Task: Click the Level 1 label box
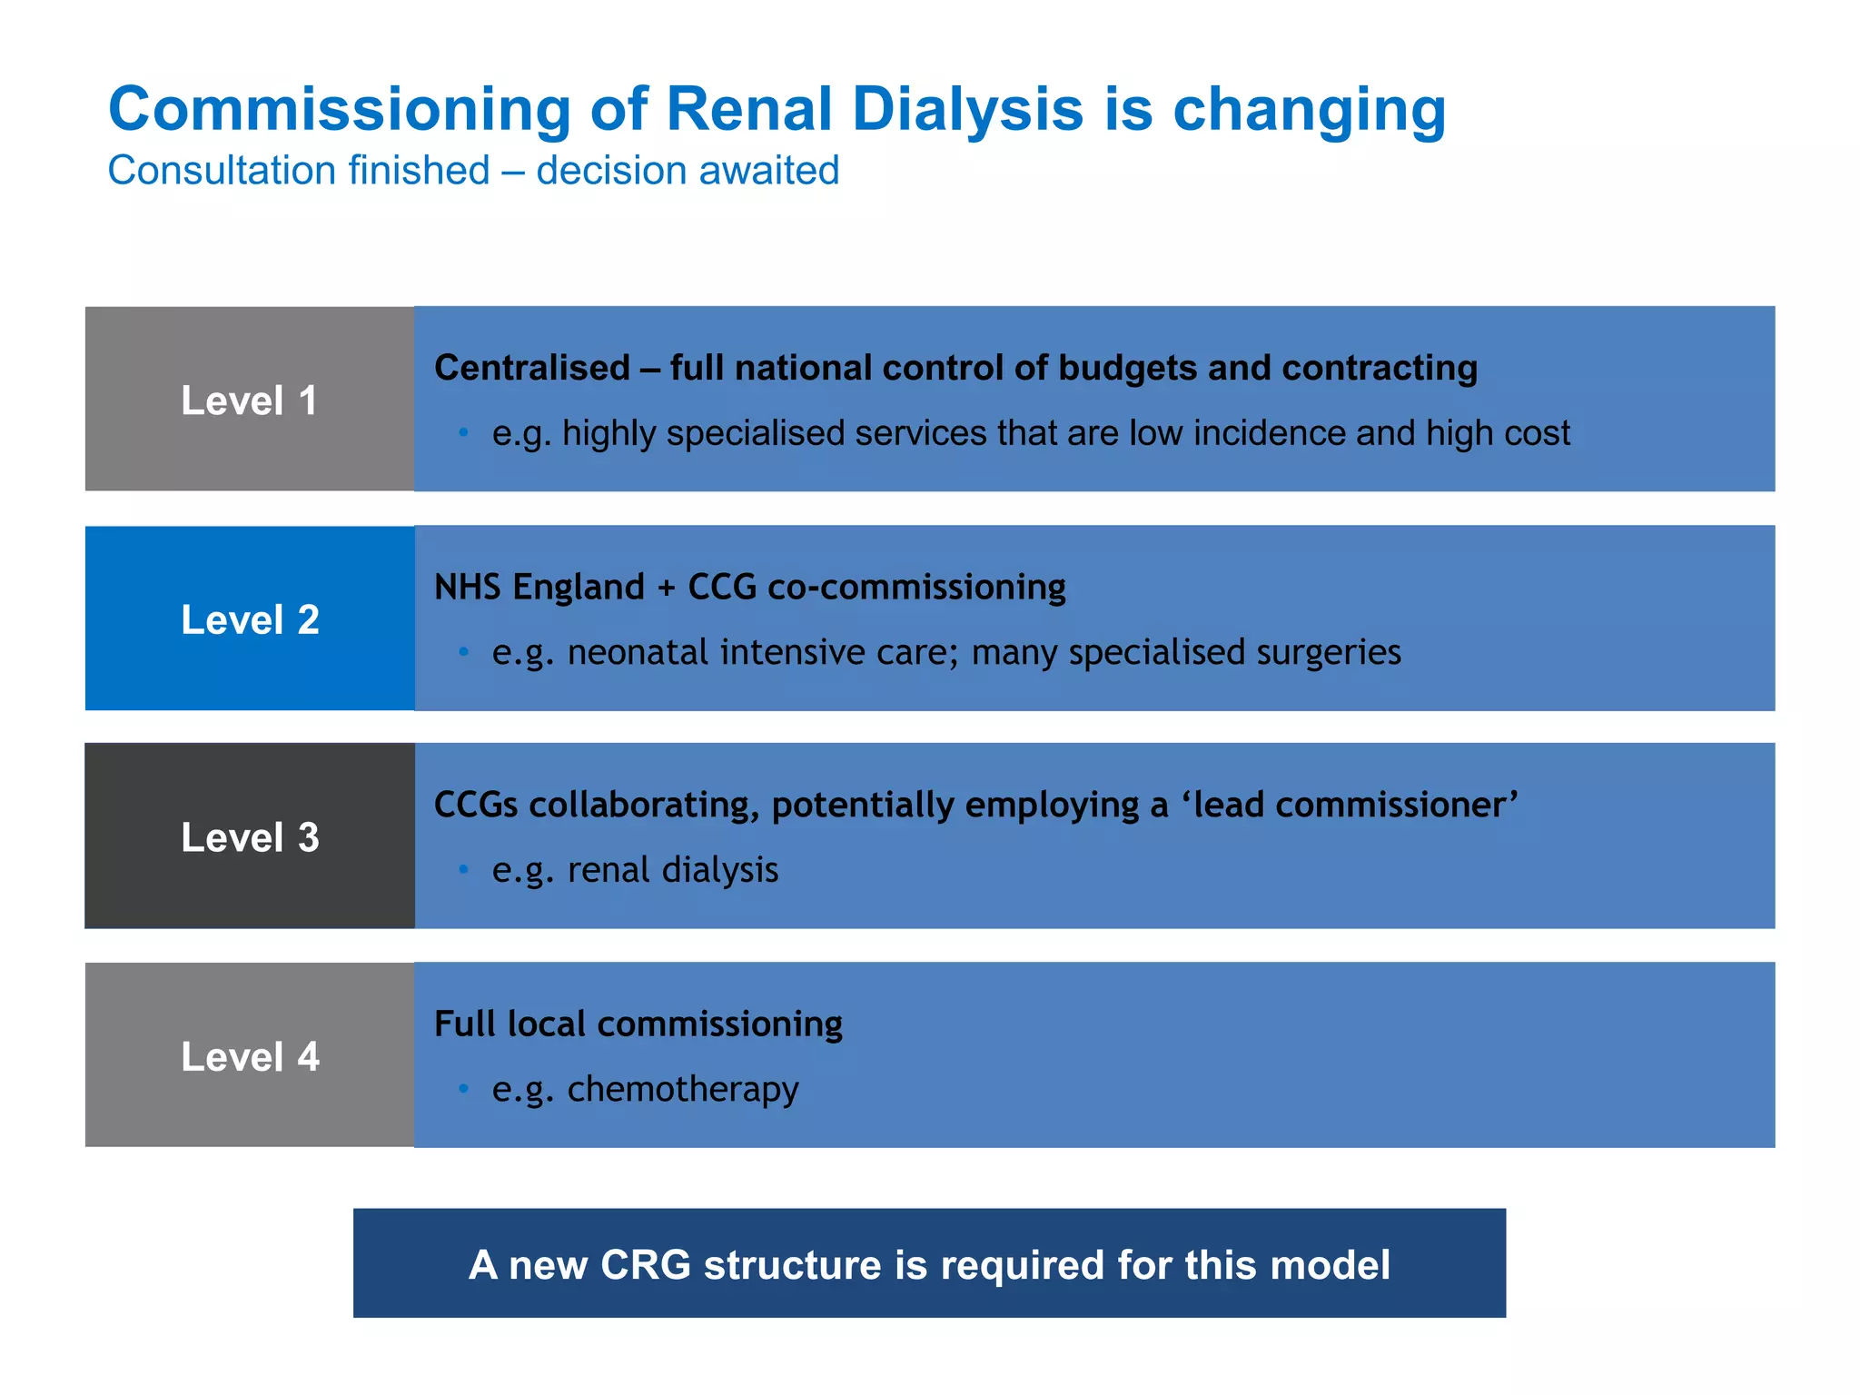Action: [x=250, y=400]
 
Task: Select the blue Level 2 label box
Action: [x=250, y=618]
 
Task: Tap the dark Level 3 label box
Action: [x=250, y=836]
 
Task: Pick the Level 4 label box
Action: [x=250, y=1055]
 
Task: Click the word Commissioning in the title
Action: [x=339, y=110]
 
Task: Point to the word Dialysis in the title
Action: [x=967, y=110]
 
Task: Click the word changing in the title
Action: [x=1309, y=110]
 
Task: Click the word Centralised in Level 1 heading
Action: [x=532, y=368]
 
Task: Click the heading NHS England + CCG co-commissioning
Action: [x=750, y=587]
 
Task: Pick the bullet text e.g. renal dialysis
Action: [x=635, y=870]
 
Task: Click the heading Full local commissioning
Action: [x=638, y=1024]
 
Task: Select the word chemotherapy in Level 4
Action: [x=683, y=1089]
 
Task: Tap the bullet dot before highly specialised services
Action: [x=463, y=433]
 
